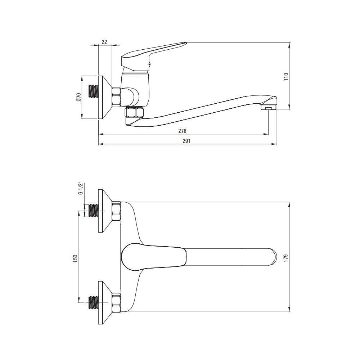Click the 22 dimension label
tap(104, 42)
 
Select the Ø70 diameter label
tap(78, 97)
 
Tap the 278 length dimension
tap(183, 131)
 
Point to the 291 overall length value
tap(186, 141)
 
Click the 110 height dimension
tap(286, 76)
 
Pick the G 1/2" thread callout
tap(80, 189)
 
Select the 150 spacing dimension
tap(76, 258)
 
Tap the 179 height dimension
tap(286, 258)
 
